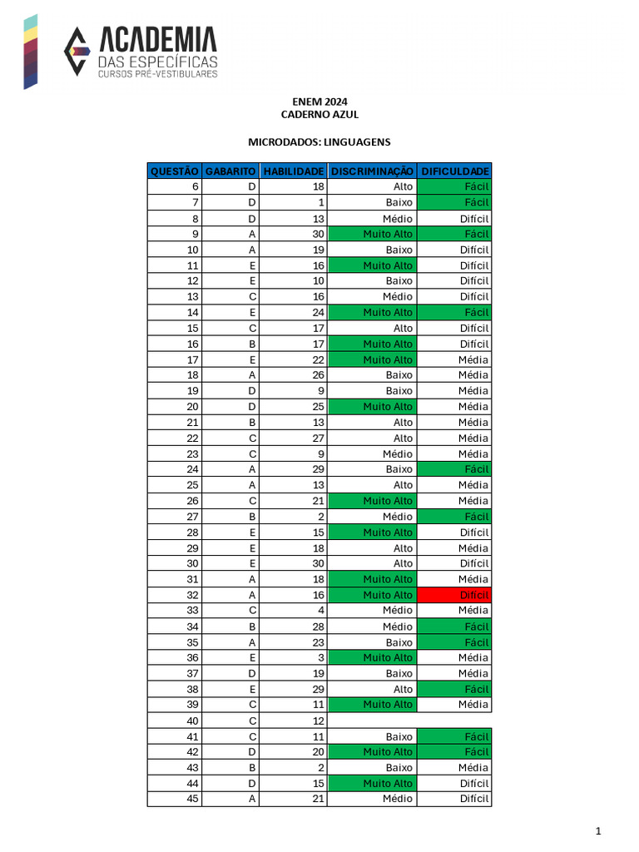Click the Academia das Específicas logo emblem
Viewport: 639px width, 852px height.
[x=77, y=51]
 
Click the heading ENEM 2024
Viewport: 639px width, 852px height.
[x=319, y=102]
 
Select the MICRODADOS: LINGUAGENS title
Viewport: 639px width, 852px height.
[x=319, y=142]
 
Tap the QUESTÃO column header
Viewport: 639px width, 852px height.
[x=175, y=171]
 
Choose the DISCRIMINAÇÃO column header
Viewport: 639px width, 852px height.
[x=372, y=171]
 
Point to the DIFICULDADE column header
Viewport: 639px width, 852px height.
[x=454, y=171]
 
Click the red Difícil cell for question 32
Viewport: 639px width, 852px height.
[x=454, y=595]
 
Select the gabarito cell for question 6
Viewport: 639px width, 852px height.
[x=230, y=186]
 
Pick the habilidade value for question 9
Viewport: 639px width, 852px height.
[x=293, y=234]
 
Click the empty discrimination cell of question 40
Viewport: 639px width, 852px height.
[x=372, y=721]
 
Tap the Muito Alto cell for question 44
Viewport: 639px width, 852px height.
[x=372, y=784]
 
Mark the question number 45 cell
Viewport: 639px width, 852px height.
[x=175, y=800]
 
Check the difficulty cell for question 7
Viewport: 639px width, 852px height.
[x=454, y=202]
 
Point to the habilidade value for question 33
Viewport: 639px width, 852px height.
[x=293, y=611]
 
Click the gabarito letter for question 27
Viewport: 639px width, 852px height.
[x=230, y=517]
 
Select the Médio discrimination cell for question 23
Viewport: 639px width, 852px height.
[x=372, y=453]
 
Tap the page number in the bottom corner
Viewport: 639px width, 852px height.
[x=597, y=831]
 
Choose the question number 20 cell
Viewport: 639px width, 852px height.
[x=175, y=407]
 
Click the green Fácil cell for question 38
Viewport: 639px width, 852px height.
[x=454, y=689]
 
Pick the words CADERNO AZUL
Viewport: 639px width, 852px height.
[x=319, y=115]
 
